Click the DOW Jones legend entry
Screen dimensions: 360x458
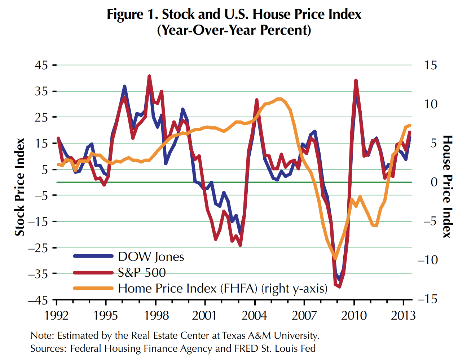pos(151,256)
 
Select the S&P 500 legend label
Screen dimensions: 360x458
pos(142,272)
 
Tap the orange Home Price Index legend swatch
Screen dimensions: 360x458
pos(93,288)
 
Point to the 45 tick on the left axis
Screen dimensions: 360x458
pos(41,65)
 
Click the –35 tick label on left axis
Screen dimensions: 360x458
pos(38,274)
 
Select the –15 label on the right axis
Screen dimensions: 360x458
pos(428,299)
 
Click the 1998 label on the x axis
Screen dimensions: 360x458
pos(156,316)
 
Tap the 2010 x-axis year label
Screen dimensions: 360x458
pos(354,316)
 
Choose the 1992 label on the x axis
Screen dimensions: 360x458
pos(56,316)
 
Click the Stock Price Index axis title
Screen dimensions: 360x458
pos(19,187)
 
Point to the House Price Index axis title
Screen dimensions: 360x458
pos(447,186)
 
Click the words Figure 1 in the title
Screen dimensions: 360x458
pos(132,14)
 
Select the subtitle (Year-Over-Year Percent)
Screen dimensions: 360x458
pos(234,30)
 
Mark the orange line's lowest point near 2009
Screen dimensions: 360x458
pos(335,258)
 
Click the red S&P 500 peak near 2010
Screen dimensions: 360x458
pos(356,80)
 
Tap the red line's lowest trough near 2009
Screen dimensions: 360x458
pos(340,287)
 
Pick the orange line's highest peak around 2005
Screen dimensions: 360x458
pos(279,98)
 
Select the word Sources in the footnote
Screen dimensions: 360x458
pos(48,348)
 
